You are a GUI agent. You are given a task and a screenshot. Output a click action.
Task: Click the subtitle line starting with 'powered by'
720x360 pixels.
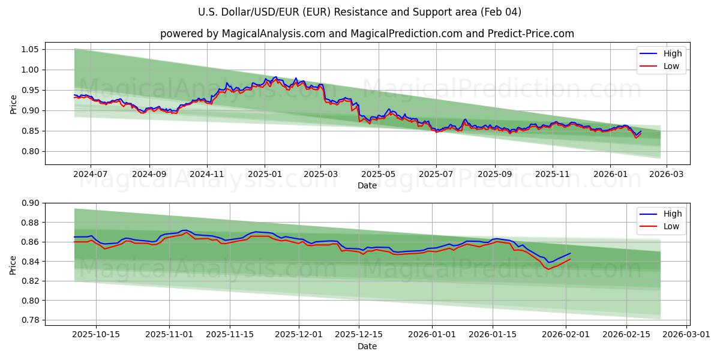pos(367,34)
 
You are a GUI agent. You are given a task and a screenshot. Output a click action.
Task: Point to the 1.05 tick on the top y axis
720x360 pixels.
pos(30,49)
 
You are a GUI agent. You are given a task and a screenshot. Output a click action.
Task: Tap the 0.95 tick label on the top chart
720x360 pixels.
pos(30,90)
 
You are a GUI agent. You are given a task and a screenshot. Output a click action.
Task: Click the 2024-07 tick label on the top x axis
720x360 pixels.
pos(91,175)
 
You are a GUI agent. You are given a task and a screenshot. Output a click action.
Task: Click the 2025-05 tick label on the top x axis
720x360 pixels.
pos(379,175)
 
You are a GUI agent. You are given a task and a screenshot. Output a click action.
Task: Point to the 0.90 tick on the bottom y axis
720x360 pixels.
pos(30,203)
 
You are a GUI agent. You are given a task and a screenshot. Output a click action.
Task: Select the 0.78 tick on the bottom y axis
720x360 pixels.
pos(30,320)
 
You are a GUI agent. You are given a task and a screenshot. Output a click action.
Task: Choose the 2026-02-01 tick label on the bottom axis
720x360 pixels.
pos(566,335)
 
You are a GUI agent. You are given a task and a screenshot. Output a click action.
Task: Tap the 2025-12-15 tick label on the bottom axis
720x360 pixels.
pos(358,335)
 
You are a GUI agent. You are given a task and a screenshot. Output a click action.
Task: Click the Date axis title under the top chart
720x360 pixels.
pos(367,186)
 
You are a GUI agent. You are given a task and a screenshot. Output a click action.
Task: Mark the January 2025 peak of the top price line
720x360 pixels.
pos(275,77)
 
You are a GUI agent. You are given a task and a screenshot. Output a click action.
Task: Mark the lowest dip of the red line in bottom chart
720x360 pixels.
pos(548,269)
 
